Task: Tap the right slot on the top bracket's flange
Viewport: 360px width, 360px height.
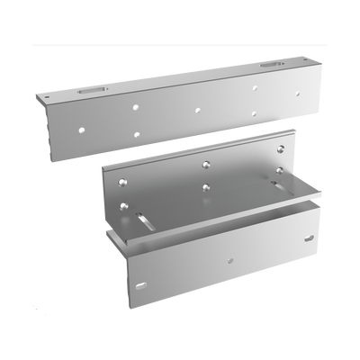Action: coord(269,66)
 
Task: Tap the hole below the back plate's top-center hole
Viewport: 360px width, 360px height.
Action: coord(206,188)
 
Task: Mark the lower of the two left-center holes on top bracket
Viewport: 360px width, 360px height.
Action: coord(137,132)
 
